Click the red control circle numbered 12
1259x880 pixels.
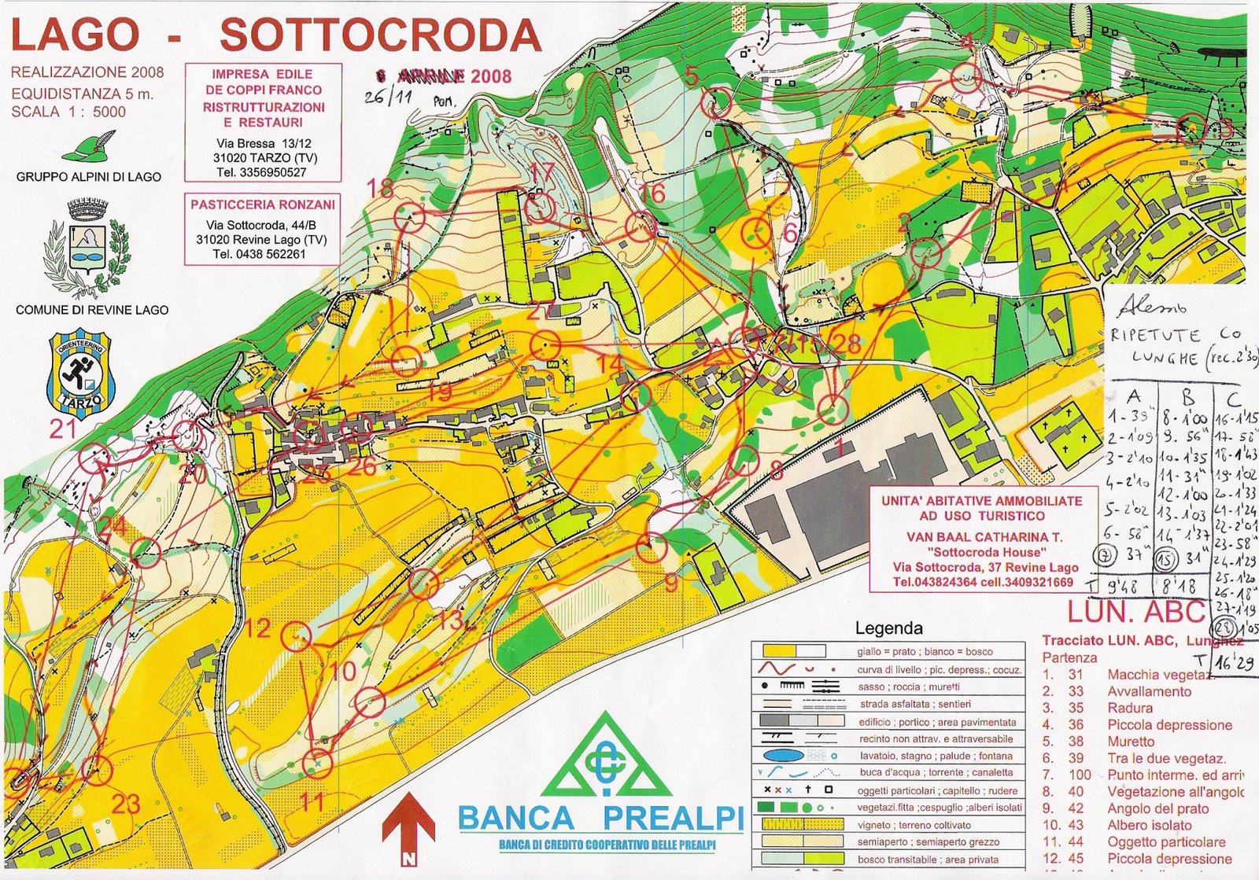click(297, 634)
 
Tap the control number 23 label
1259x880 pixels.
click(126, 803)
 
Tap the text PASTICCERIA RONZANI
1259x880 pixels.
click(263, 204)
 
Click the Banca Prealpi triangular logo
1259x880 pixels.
click(604, 757)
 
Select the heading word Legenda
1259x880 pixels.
click(888, 628)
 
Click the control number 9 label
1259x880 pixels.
click(671, 583)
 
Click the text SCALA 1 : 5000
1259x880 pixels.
click(68, 112)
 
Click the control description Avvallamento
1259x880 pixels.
click(1149, 691)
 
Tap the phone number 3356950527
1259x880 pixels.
click(272, 171)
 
